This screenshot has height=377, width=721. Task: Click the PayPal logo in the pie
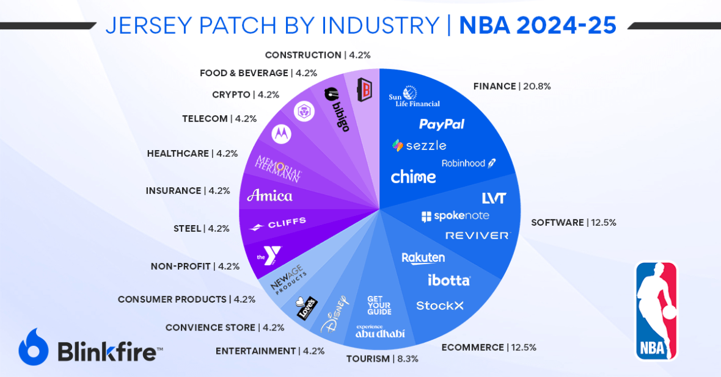[x=441, y=124]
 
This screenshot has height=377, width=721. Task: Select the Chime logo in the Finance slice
[x=413, y=177]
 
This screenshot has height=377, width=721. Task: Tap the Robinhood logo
[x=469, y=163]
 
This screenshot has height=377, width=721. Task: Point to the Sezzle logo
[x=419, y=145]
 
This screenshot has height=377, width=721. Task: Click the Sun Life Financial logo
[x=414, y=97]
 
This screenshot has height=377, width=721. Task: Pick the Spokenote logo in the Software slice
[x=455, y=216]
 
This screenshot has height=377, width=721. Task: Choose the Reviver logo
[x=477, y=235]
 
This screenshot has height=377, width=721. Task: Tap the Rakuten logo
[x=423, y=258]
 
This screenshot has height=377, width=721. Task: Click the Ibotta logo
[x=448, y=280]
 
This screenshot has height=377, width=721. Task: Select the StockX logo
[x=439, y=306]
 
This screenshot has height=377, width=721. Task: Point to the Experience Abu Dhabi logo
[x=380, y=332]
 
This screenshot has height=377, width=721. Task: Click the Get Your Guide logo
[x=379, y=305]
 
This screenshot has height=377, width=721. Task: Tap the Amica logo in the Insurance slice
[x=269, y=195]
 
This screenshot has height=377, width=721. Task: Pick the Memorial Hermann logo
[x=278, y=168]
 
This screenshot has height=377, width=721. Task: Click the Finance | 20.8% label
[x=512, y=87]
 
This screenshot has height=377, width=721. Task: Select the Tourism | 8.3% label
[x=382, y=359]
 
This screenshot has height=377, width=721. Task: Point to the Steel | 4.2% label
[x=201, y=229]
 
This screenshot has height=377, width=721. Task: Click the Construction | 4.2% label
[x=317, y=55]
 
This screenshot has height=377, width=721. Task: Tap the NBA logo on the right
[x=656, y=311]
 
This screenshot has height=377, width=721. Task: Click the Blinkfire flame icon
[x=33, y=346]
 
